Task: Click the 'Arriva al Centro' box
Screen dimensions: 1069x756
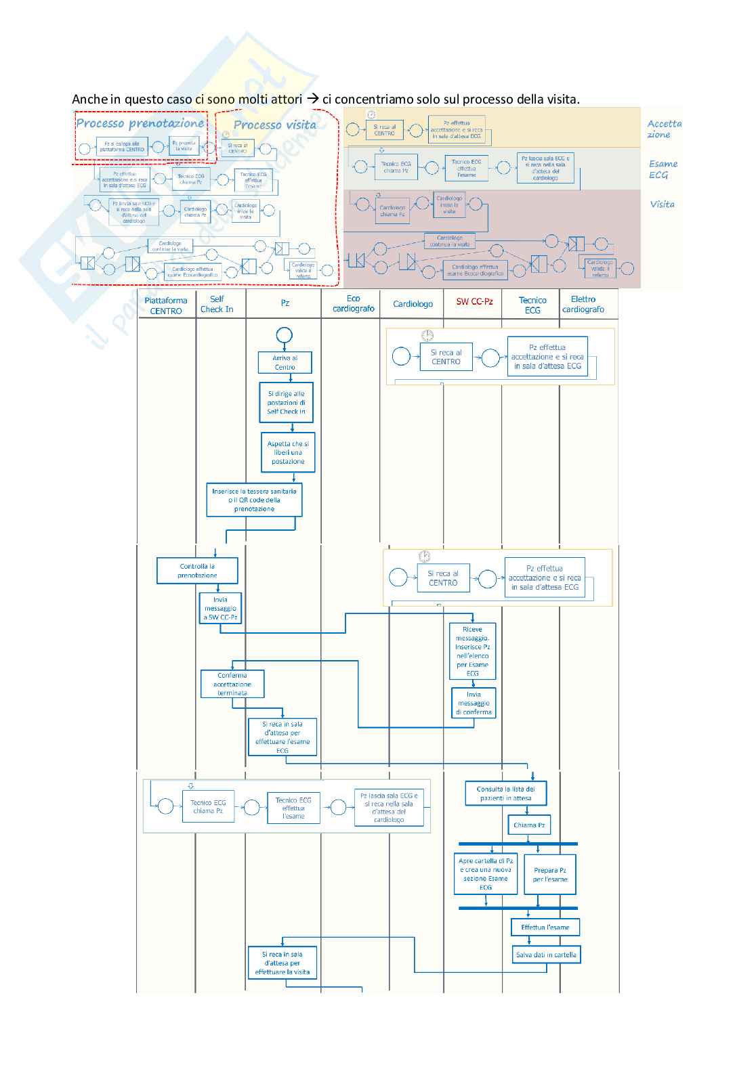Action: (285, 362)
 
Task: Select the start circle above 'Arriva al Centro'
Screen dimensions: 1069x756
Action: (285, 335)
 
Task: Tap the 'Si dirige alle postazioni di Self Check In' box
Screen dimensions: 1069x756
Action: (286, 403)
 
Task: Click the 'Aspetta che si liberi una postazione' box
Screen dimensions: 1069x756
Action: (288, 452)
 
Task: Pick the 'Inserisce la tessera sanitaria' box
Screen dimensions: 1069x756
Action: (254, 500)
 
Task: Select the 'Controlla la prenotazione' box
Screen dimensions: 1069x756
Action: (197, 571)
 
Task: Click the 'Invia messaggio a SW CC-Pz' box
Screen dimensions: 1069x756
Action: (220, 609)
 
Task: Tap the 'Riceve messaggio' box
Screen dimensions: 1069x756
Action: (472, 651)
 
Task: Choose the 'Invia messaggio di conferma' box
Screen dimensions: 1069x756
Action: (474, 703)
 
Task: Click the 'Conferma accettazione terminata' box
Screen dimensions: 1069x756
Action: (232, 684)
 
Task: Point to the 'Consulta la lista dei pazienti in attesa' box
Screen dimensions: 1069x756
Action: (505, 793)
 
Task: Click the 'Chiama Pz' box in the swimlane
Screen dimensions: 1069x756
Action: (529, 825)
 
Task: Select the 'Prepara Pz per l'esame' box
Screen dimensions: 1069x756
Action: (550, 875)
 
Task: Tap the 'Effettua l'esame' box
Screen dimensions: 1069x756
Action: (545, 928)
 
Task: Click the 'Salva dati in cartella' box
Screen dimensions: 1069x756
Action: (546, 955)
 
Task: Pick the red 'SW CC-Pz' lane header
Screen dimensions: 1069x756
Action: (474, 301)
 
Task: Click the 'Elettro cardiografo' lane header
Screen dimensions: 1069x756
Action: (583, 304)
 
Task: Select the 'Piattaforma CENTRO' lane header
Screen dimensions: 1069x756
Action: (166, 305)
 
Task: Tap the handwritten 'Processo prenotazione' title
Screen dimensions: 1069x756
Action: (140, 123)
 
